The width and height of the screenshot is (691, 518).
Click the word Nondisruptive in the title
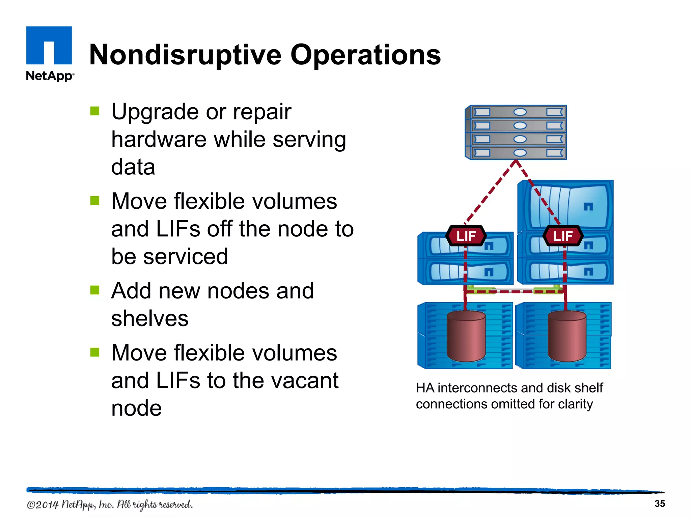coord(185,55)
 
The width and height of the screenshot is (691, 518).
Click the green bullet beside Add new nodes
coord(95,290)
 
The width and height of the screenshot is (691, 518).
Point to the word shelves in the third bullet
coord(150,318)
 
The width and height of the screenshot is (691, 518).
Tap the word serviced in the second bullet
coord(185,257)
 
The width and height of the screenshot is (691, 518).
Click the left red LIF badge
coord(466,236)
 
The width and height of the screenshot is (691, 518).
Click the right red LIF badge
coord(563,236)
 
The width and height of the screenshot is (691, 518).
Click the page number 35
coord(659,503)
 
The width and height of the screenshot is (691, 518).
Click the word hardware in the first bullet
coord(159,140)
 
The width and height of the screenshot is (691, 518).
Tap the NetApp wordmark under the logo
coord(50,76)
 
